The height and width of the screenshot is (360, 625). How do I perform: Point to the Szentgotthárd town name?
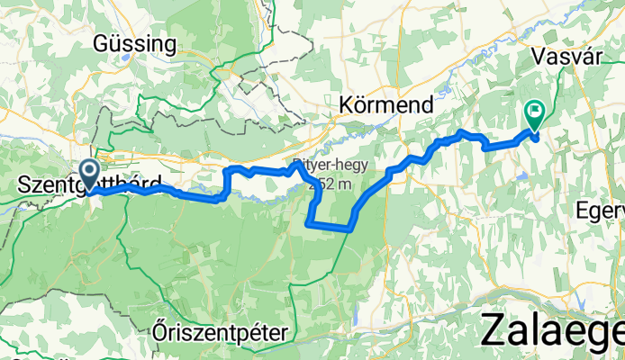pos(90,185)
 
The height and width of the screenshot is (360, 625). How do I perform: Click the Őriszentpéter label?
pos(220,333)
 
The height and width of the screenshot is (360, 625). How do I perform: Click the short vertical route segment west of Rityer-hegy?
pos(225,183)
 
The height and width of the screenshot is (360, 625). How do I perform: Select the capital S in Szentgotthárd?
pos(23,185)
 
